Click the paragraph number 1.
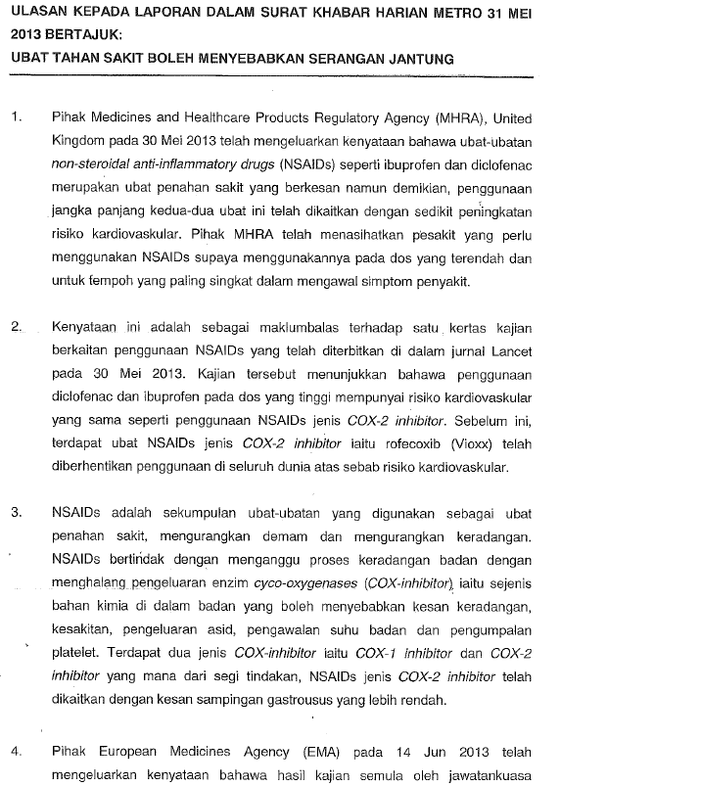tap(16, 118)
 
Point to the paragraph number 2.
tap(16, 326)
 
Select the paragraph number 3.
tap(16, 512)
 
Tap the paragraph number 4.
tap(16, 752)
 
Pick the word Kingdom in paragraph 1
tap(79, 142)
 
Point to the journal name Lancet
tap(511, 349)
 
